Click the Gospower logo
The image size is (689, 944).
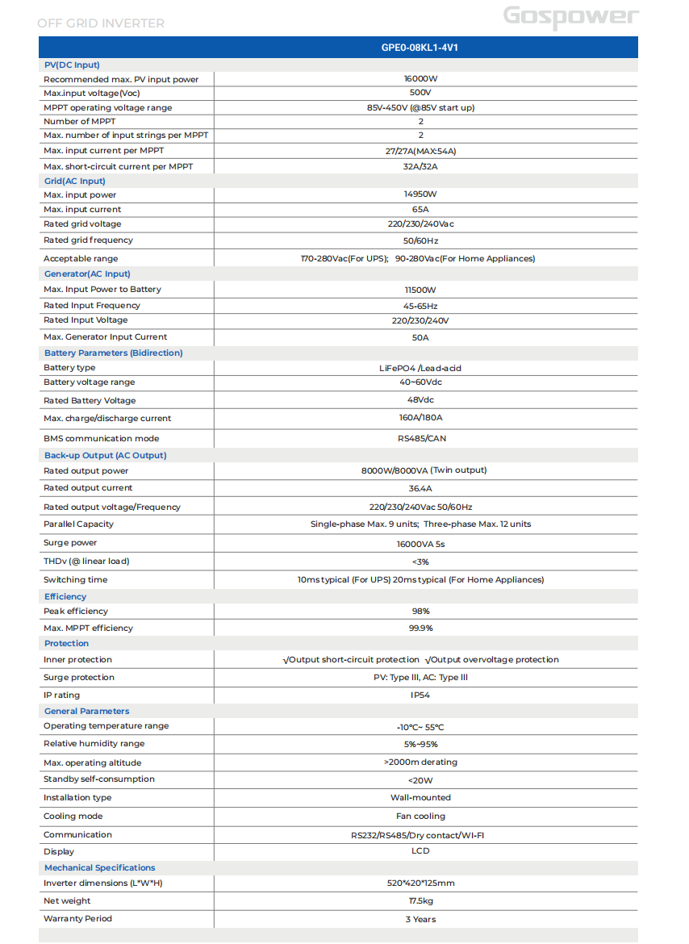(570, 17)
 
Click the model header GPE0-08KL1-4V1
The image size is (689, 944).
(420, 48)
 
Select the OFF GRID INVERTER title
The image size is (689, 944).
(101, 23)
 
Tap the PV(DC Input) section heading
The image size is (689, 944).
(72, 65)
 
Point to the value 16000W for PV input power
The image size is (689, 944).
(420, 79)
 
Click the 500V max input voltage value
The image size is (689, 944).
(420, 93)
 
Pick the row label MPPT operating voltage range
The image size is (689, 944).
(107, 107)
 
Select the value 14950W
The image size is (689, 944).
(420, 194)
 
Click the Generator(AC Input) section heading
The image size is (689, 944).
(86, 274)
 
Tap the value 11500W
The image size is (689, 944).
(420, 290)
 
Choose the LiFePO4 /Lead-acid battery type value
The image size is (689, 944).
(420, 368)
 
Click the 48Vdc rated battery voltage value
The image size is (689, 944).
(420, 400)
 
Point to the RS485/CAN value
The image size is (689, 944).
(420, 439)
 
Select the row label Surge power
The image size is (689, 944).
(70, 543)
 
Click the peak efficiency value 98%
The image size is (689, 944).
(420, 612)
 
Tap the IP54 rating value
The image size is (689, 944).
(420, 695)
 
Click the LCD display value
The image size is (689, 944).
(420, 851)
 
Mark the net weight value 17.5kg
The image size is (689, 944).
(420, 901)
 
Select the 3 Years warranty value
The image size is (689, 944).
(420, 919)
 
